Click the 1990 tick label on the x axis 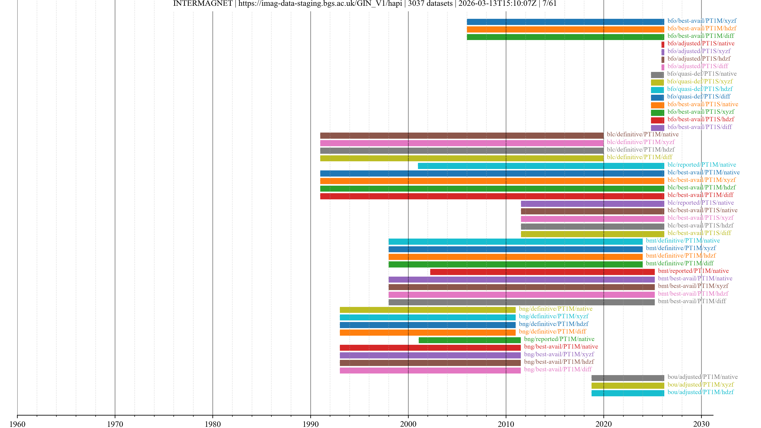311,424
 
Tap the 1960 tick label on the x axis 17,424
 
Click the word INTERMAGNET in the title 203,4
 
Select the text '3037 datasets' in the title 430,4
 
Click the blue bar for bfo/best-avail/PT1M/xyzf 565,22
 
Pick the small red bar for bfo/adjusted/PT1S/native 663,45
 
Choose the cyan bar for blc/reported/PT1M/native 541,166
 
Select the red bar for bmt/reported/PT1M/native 542,272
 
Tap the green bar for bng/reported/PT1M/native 469,340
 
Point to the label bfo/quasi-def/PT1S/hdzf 700,89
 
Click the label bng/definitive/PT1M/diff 552,332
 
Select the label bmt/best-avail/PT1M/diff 692,301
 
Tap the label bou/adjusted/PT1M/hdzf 700,392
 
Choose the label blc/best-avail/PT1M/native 703,172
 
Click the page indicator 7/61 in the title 550,4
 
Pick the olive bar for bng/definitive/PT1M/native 427,310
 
